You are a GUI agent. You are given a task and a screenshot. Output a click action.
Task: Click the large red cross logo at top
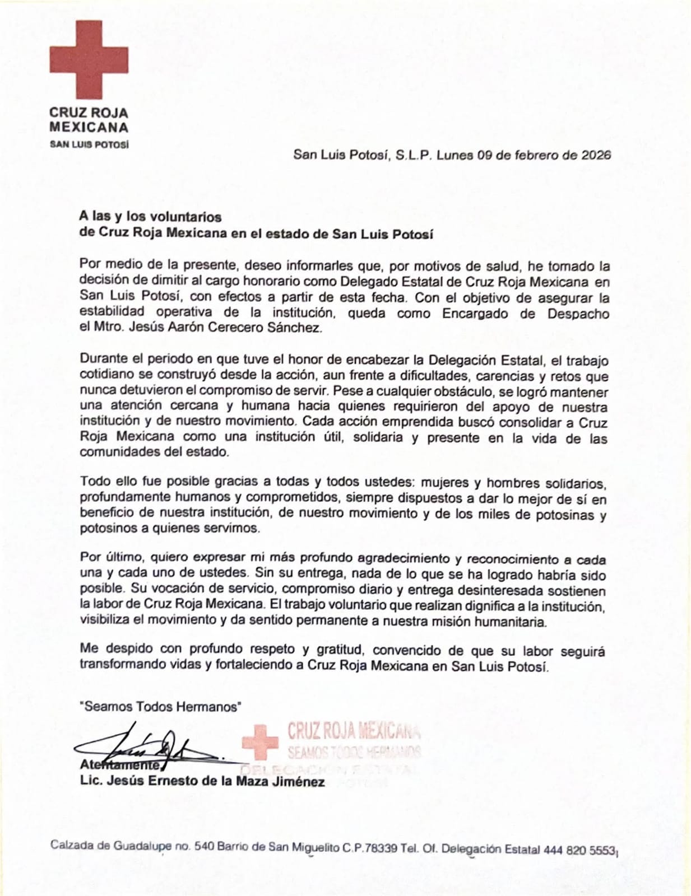[x=89, y=60]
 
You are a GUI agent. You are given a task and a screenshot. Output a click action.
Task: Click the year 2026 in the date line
[x=595, y=155]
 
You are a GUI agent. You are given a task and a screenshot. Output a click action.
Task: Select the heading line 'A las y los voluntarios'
[x=150, y=217]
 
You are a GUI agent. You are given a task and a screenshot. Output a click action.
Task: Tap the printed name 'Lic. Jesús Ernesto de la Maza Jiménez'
[x=202, y=781]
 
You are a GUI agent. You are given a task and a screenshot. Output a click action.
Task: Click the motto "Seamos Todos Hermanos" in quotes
[x=160, y=707]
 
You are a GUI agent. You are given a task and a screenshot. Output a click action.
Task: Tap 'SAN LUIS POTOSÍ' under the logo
[x=89, y=144]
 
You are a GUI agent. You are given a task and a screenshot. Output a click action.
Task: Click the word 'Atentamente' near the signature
[x=120, y=765]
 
